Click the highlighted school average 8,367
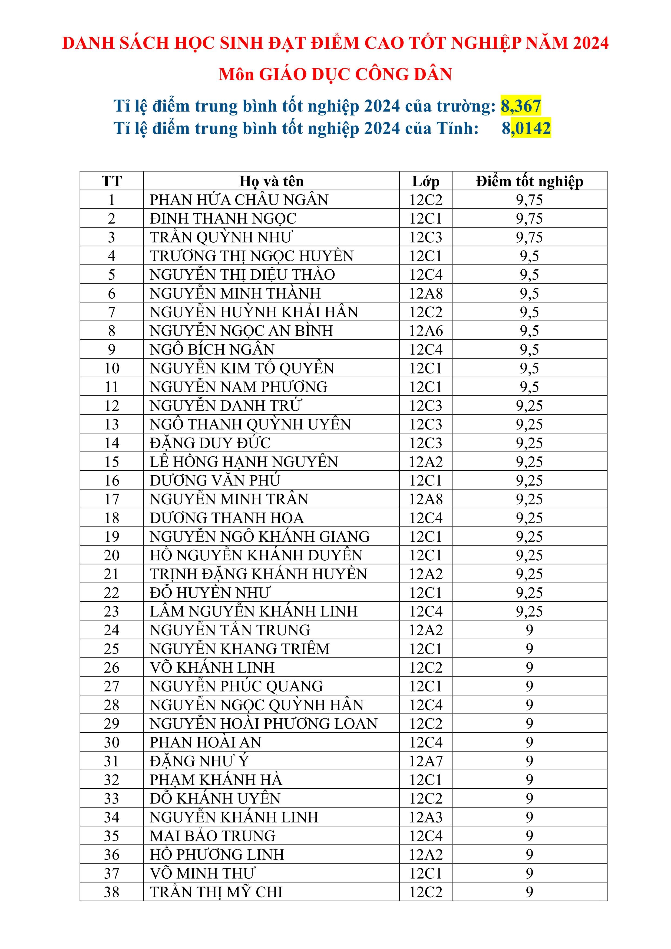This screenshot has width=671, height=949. [x=521, y=106]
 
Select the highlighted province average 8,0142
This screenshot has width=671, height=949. [x=526, y=128]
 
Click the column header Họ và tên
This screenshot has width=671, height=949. [x=271, y=181]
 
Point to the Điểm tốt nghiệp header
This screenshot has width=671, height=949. [x=529, y=181]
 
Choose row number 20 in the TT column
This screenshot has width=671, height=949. [x=112, y=555]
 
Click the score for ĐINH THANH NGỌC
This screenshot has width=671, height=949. [x=529, y=219]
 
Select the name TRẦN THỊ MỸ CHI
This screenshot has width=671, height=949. [x=216, y=892]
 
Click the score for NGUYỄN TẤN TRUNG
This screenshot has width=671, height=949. [x=529, y=630]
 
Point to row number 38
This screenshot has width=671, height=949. [x=112, y=892]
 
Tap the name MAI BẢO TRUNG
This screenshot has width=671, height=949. [x=213, y=836]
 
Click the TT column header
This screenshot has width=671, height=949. [x=112, y=181]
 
